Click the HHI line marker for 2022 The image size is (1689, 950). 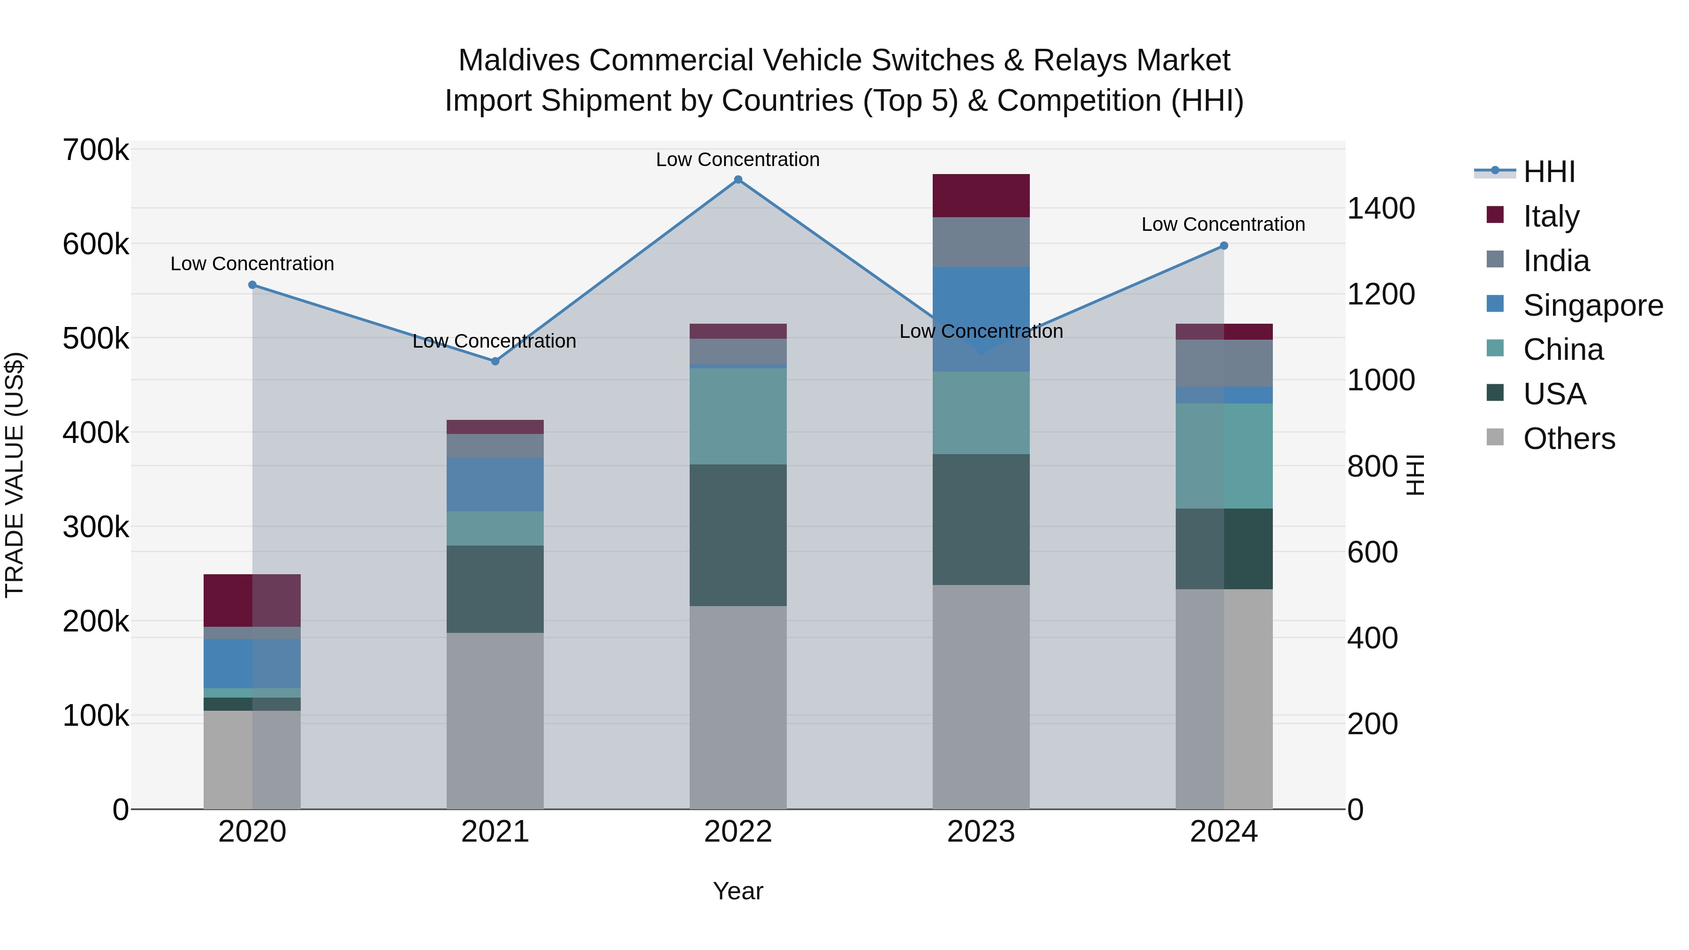pos(738,180)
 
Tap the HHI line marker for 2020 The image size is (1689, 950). pos(252,285)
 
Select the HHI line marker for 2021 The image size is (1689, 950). pos(495,361)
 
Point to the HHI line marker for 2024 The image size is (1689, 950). pos(1224,246)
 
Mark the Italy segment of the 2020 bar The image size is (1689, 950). pos(252,600)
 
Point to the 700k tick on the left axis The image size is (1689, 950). pos(96,150)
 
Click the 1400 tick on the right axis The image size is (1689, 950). pos(1381,208)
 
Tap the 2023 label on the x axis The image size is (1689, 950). pos(981,832)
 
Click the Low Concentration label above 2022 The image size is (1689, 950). pos(738,160)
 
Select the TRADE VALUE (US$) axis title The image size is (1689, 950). pos(15,475)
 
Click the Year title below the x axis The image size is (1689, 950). pos(738,891)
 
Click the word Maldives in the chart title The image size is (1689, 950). pos(518,61)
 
